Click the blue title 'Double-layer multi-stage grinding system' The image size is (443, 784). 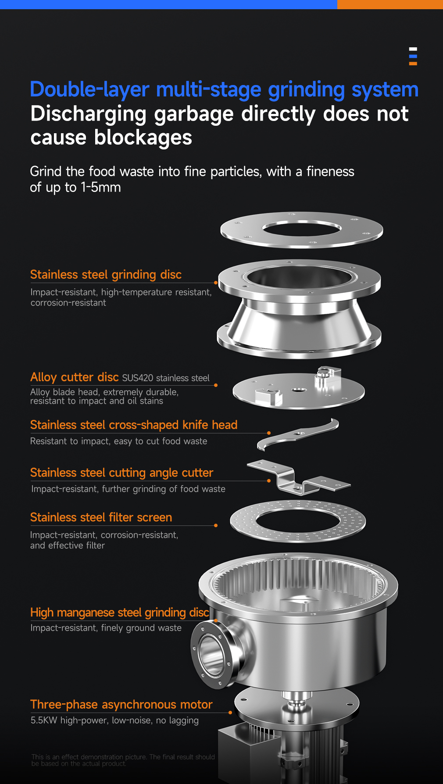pyautogui.click(x=224, y=90)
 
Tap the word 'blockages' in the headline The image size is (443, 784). pyautogui.click(x=143, y=138)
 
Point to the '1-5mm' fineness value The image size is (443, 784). pyautogui.click(x=100, y=188)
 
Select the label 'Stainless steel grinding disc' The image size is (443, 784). pyautogui.click(x=106, y=275)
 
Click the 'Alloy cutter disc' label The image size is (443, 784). pyautogui.click(x=75, y=377)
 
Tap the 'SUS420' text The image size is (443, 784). pyautogui.click(x=138, y=378)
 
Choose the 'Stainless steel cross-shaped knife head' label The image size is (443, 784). pyautogui.click(x=134, y=425)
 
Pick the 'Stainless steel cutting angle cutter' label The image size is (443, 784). pyautogui.click(x=121, y=473)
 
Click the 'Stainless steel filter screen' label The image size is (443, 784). pyautogui.click(x=101, y=518)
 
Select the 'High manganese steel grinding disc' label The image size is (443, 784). pyautogui.click(x=120, y=613)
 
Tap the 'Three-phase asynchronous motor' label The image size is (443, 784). pyautogui.click(x=121, y=705)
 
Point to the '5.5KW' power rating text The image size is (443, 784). pyautogui.click(x=44, y=720)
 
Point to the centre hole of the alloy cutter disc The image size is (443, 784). pyautogui.click(x=298, y=390)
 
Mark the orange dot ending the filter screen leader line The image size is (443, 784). pyautogui.click(x=216, y=525)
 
